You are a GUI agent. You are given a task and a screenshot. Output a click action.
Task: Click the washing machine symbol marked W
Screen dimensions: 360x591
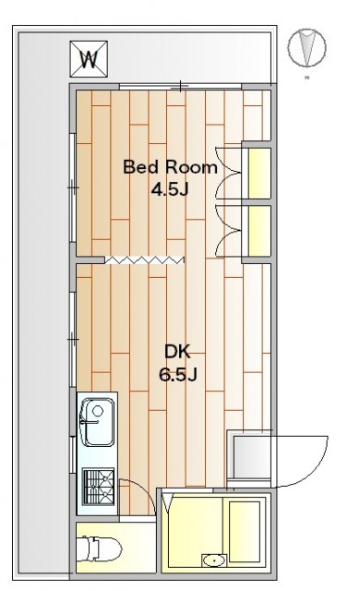(x=89, y=59)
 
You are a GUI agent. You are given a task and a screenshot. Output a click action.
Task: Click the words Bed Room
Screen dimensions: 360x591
(x=170, y=167)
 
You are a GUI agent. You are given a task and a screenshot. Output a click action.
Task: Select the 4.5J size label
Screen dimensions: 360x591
(x=170, y=189)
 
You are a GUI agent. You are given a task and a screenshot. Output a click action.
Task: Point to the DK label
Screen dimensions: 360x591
(x=177, y=352)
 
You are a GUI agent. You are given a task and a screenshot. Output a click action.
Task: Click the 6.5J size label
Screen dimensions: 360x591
(x=178, y=375)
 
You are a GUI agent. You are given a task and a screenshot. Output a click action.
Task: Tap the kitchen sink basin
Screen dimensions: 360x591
(x=97, y=422)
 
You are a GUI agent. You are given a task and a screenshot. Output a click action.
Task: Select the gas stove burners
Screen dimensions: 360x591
(x=98, y=487)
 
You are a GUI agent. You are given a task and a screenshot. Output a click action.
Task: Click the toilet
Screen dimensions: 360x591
(x=99, y=549)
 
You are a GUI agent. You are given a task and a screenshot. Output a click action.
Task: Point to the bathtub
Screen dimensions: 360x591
(x=245, y=531)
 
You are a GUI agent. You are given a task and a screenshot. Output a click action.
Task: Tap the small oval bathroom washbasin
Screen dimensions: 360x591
(x=214, y=561)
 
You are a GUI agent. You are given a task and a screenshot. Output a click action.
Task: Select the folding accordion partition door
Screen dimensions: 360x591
(x=144, y=259)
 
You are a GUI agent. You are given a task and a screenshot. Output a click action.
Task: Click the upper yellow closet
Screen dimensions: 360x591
(x=259, y=173)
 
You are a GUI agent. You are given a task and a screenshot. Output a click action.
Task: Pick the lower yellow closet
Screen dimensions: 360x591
(x=259, y=231)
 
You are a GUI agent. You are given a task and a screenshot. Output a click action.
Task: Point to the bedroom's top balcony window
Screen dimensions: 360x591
(x=181, y=88)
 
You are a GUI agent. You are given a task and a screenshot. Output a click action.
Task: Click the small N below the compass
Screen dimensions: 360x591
(x=306, y=78)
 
